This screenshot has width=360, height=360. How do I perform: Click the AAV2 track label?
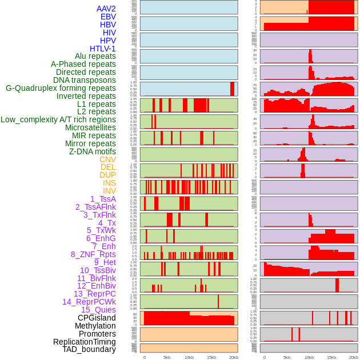click(x=106, y=9)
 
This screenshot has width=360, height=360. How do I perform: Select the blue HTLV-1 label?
click(x=103, y=49)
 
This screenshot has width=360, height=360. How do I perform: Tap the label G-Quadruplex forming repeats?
click(x=61, y=89)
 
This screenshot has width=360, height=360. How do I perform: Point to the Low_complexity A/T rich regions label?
click(x=58, y=119)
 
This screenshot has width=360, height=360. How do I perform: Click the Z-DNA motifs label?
click(x=93, y=151)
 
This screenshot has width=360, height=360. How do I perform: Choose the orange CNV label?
click(x=107, y=159)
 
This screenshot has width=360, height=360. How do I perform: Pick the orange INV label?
click(x=109, y=191)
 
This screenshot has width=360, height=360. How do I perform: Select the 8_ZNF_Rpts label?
click(x=93, y=254)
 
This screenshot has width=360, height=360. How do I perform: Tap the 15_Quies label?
click(x=98, y=310)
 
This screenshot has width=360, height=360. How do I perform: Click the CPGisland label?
click(x=97, y=318)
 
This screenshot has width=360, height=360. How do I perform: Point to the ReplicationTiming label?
click(x=85, y=342)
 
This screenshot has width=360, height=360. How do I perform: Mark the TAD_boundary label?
click(x=89, y=349)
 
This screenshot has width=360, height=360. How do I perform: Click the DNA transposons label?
click(x=85, y=80)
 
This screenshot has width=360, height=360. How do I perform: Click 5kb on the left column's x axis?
click(x=167, y=357)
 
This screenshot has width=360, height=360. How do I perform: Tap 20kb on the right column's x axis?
click(x=354, y=357)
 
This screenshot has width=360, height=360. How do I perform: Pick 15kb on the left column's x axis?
click(x=211, y=357)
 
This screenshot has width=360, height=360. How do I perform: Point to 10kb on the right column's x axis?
click(x=309, y=357)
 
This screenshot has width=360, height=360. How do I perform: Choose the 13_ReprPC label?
click(x=95, y=294)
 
